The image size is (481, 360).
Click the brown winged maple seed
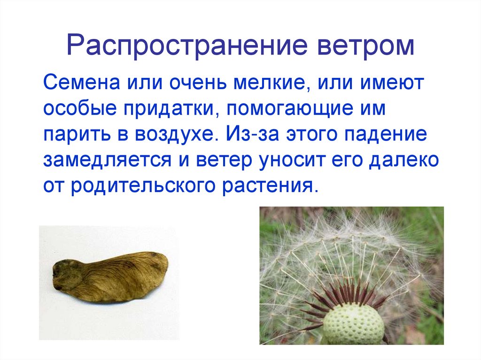coord(110,276)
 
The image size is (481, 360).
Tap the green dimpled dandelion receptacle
coord(354,324)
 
